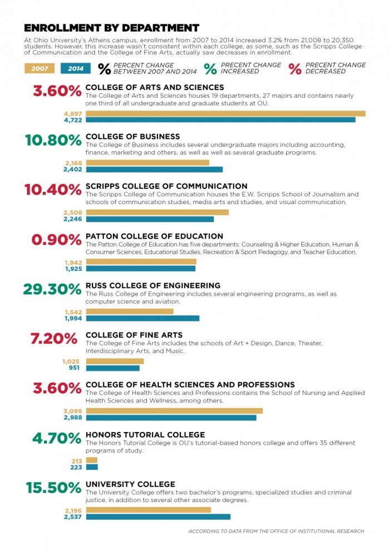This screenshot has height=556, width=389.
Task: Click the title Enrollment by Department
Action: (x=111, y=28)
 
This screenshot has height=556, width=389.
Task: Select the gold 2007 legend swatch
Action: (x=40, y=69)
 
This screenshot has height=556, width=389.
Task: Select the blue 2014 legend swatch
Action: (x=75, y=69)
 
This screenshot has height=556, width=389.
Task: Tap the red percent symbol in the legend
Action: (x=295, y=69)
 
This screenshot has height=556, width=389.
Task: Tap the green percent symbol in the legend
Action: (x=210, y=69)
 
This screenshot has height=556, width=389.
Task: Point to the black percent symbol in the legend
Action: (x=104, y=69)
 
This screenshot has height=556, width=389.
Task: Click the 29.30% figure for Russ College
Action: (x=52, y=290)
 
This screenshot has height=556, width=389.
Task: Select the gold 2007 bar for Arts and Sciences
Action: (x=225, y=113)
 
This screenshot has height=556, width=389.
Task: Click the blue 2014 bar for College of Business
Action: (x=154, y=170)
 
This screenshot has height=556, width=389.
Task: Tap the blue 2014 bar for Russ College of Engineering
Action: (x=142, y=319)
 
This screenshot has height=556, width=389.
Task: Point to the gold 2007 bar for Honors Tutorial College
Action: (x=91, y=460)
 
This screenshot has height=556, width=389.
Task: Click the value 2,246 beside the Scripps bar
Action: (x=72, y=219)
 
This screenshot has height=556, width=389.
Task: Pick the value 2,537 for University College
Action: (x=73, y=517)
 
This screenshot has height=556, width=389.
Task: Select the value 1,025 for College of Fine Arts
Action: (x=72, y=361)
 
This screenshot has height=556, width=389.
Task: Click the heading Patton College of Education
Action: (x=154, y=236)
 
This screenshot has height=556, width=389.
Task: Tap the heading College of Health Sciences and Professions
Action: (x=190, y=385)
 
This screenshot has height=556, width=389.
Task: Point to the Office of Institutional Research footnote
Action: (x=276, y=532)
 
